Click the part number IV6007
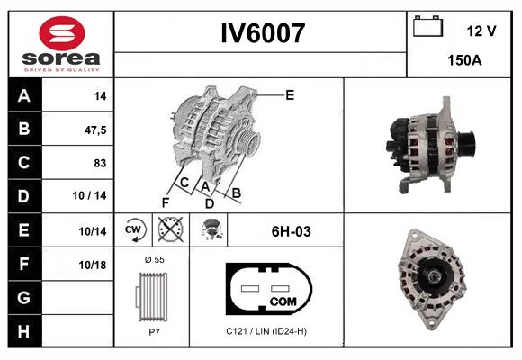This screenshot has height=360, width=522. (x=263, y=34)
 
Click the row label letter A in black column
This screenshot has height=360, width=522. (x=22, y=96)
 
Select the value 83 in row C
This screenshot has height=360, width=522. (x=99, y=164)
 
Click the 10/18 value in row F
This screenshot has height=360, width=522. (x=93, y=265)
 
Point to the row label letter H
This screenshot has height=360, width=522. (x=22, y=331)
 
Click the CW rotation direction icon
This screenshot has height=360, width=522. (x=133, y=230)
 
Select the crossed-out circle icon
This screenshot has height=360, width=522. (x=169, y=230)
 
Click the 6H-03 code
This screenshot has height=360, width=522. (x=291, y=231)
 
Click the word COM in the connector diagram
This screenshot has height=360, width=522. (x=283, y=301)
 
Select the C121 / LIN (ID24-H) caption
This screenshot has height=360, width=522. (x=267, y=330)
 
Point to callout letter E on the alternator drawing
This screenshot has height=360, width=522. (x=289, y=94)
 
